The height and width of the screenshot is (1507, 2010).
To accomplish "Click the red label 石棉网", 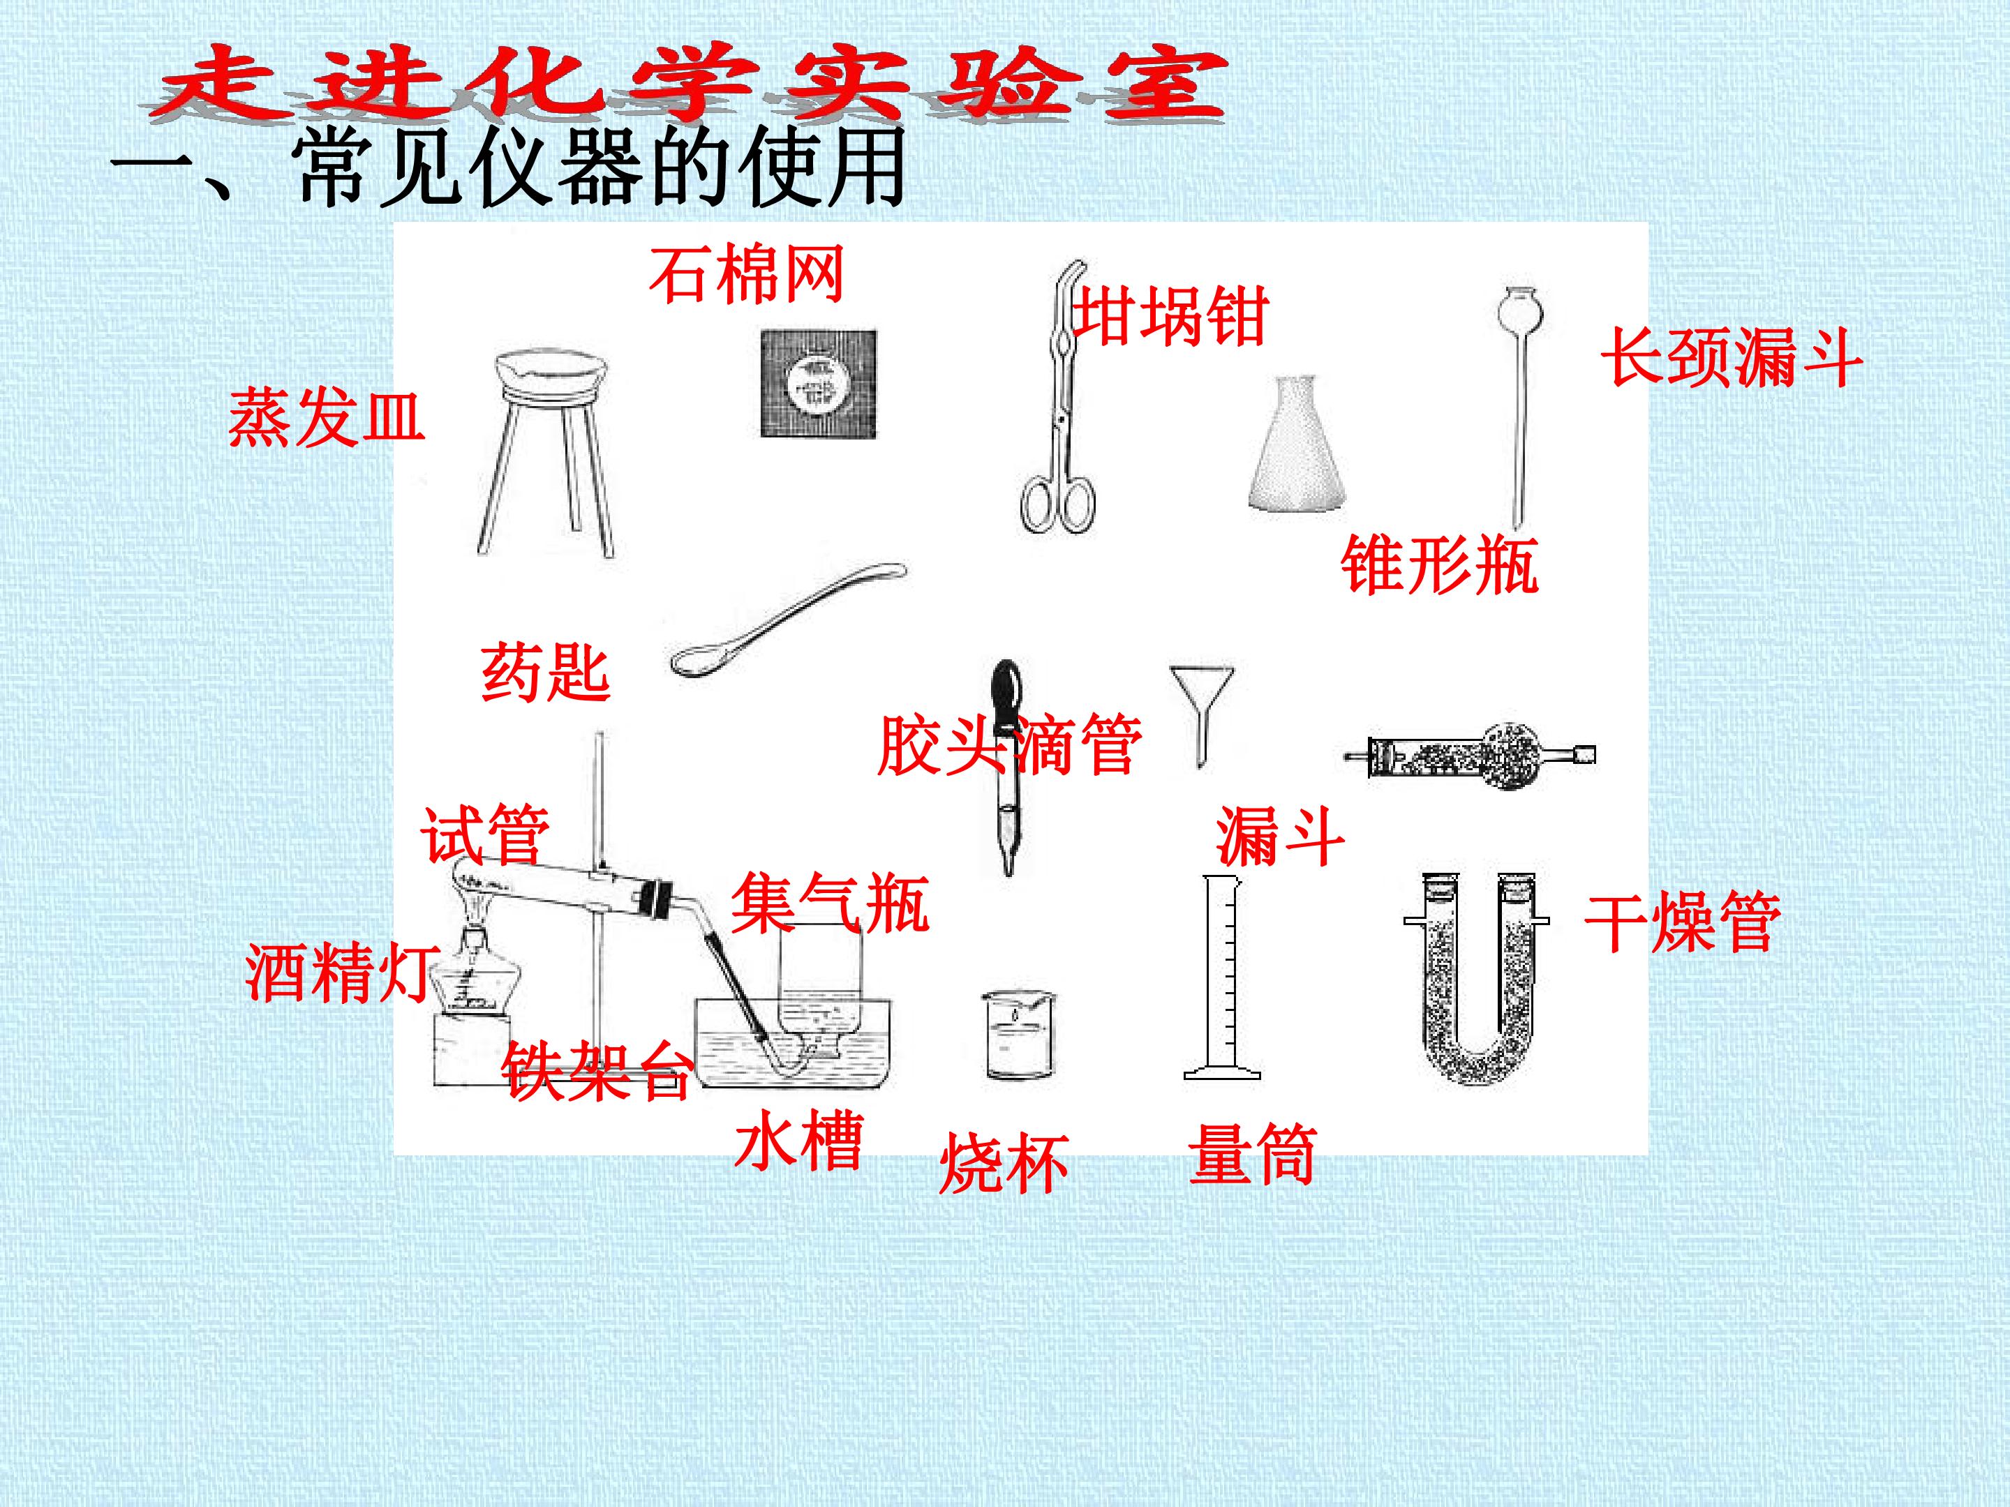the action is coord(747,274).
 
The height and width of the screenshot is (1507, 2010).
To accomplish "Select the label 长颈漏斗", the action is coord(1731,357).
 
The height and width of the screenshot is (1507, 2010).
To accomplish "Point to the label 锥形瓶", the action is coord(1439,564).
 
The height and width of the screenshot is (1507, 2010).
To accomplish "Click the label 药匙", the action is coord(545,672).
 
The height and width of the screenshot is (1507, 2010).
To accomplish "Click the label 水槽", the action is coord(798,1140).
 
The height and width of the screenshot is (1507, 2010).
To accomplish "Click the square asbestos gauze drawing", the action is coord(819,382).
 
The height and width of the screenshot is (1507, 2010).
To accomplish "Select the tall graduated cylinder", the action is coord(1222,977).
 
